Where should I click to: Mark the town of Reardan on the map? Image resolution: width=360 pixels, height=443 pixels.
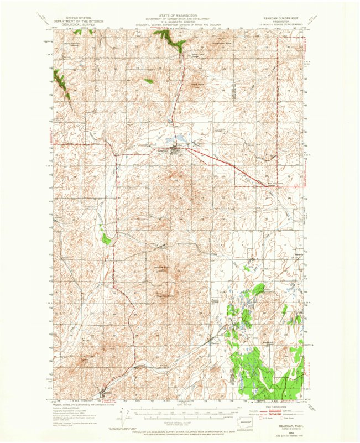(x=176, y=148)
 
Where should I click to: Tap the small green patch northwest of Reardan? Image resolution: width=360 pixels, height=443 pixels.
(x=148, y=81)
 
